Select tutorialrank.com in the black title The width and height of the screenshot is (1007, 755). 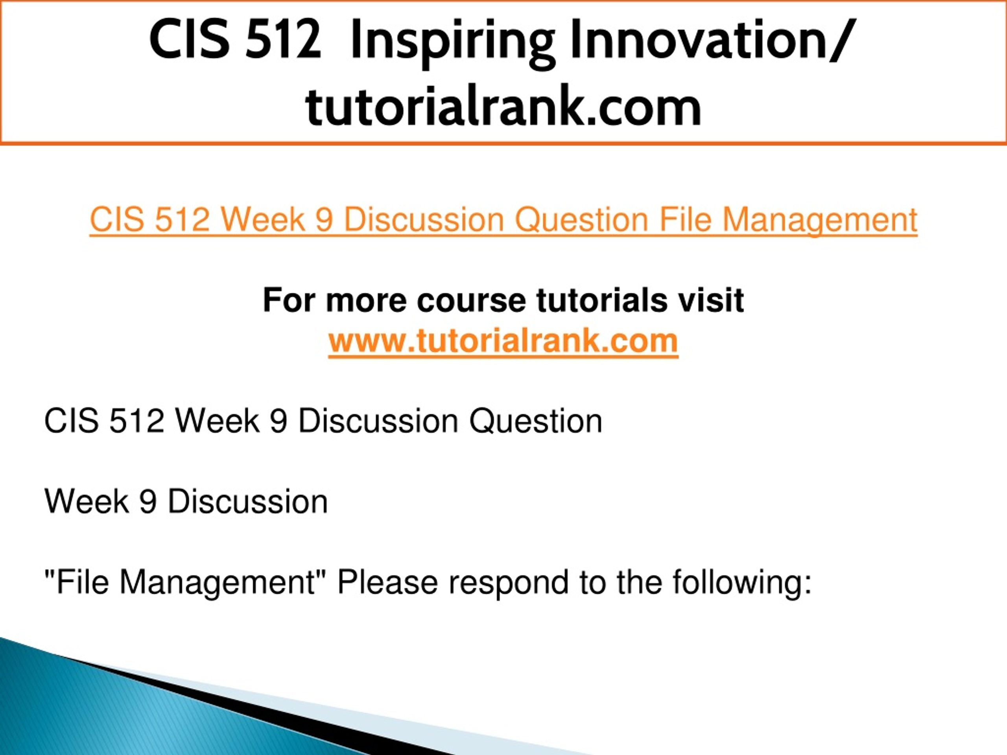point(503,106)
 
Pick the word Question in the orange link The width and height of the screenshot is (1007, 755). point(582,220)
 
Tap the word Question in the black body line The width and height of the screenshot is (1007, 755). point(536,422)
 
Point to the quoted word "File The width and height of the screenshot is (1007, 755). point(76,582)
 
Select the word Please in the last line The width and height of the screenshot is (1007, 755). point(387,582)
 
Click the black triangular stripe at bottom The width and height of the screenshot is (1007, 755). point(255,710)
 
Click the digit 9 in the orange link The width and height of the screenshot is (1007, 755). point(324,220)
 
